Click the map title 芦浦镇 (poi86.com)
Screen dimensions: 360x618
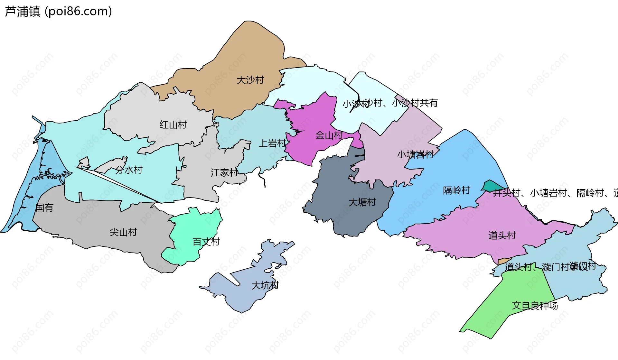58,11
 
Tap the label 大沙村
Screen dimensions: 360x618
250,80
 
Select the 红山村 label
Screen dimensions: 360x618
173,125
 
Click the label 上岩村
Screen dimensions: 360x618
272,143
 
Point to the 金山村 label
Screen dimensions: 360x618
329,135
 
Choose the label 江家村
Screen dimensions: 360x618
224,173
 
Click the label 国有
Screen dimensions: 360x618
44,208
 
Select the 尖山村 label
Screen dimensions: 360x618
123,232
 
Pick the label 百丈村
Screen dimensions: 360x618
206,242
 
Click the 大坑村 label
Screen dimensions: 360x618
265,285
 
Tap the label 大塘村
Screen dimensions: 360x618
362,202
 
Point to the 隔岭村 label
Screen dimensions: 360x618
456,190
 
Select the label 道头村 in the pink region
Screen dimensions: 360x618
502,235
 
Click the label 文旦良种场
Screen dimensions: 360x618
535,306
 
